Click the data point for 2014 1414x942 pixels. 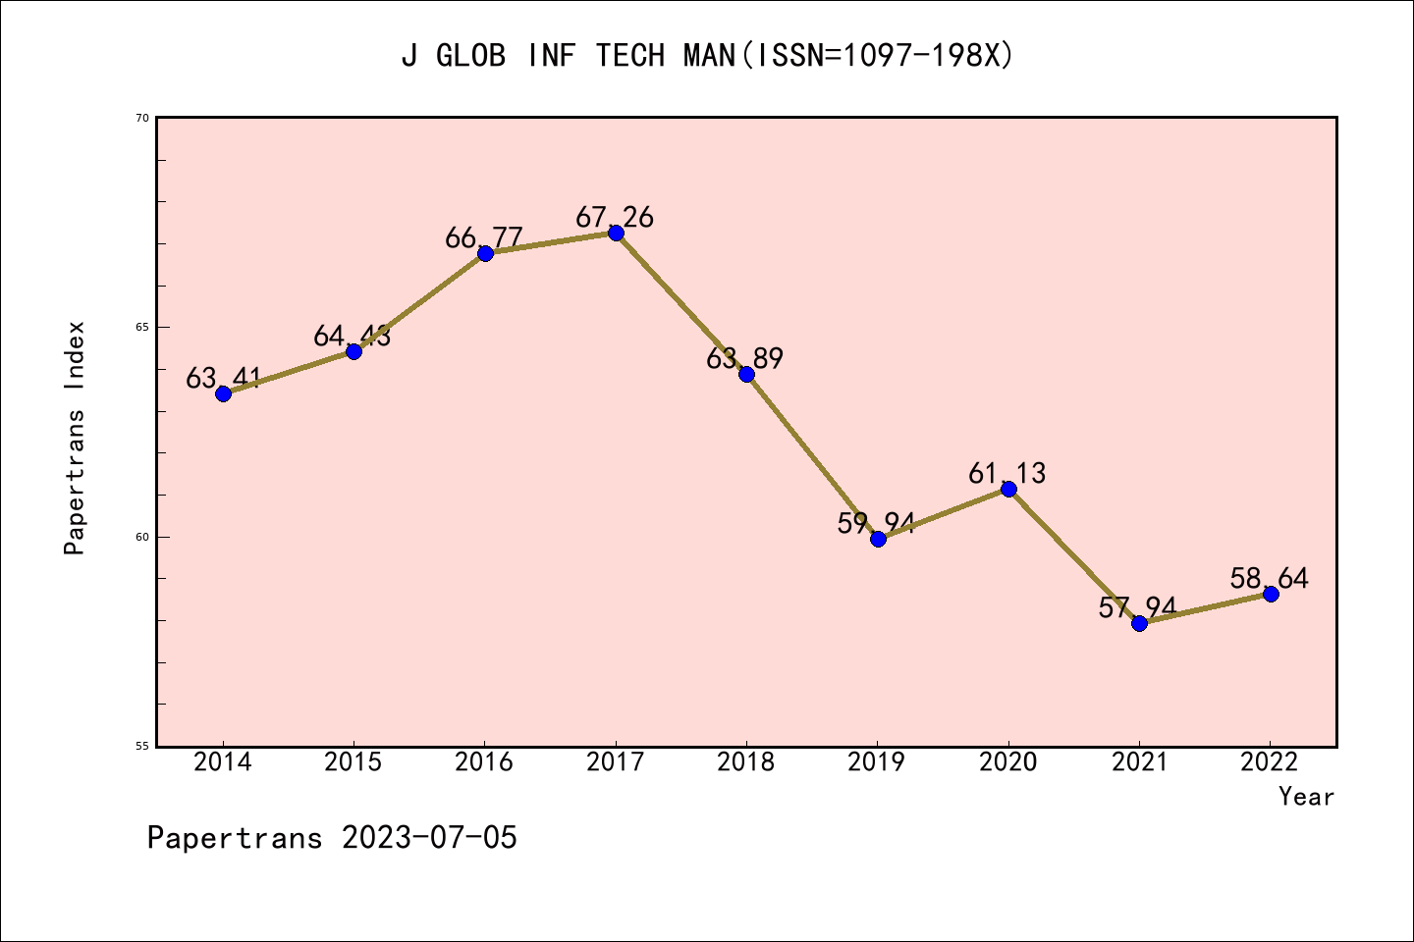click(223, 393)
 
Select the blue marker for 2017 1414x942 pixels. click(616, 233)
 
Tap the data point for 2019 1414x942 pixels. click(878, 539)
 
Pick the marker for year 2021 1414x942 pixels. click(1139, 623)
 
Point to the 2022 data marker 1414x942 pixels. click(1271, 594)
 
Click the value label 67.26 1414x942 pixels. click(615, 217)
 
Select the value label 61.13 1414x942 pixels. click(1007, 474)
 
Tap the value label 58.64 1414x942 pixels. click(1270, 579)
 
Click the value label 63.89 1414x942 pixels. click(745, 359)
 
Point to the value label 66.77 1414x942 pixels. click(484, 238)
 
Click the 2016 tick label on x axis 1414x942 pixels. click(484, 762)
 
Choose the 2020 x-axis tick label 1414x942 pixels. click(1008, 762)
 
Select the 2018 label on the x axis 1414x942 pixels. click(746, 762)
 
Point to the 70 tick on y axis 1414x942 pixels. click(142, 118)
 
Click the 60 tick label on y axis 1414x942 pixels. click(142, 537)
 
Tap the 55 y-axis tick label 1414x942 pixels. click(142, 746)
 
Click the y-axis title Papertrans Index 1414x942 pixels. click(75, 438)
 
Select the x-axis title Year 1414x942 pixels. click(1306, 797)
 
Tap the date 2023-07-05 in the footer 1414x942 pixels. click(429, 838)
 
